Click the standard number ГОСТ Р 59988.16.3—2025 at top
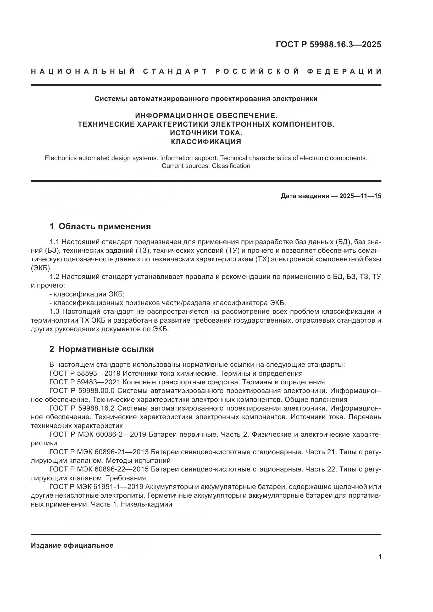pos(328,44)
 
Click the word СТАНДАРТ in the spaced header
pos(175,71)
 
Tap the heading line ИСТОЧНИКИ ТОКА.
pos(206,133)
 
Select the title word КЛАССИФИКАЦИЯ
pos(206,142)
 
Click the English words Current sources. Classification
pos(206,166)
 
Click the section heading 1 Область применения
pos(100,226)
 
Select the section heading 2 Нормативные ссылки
pos(102,349)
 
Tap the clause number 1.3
pos(55,312)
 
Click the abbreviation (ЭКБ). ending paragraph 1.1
pos(41,268)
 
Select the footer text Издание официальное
pos(72,545)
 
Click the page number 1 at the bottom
pos(380,557)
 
